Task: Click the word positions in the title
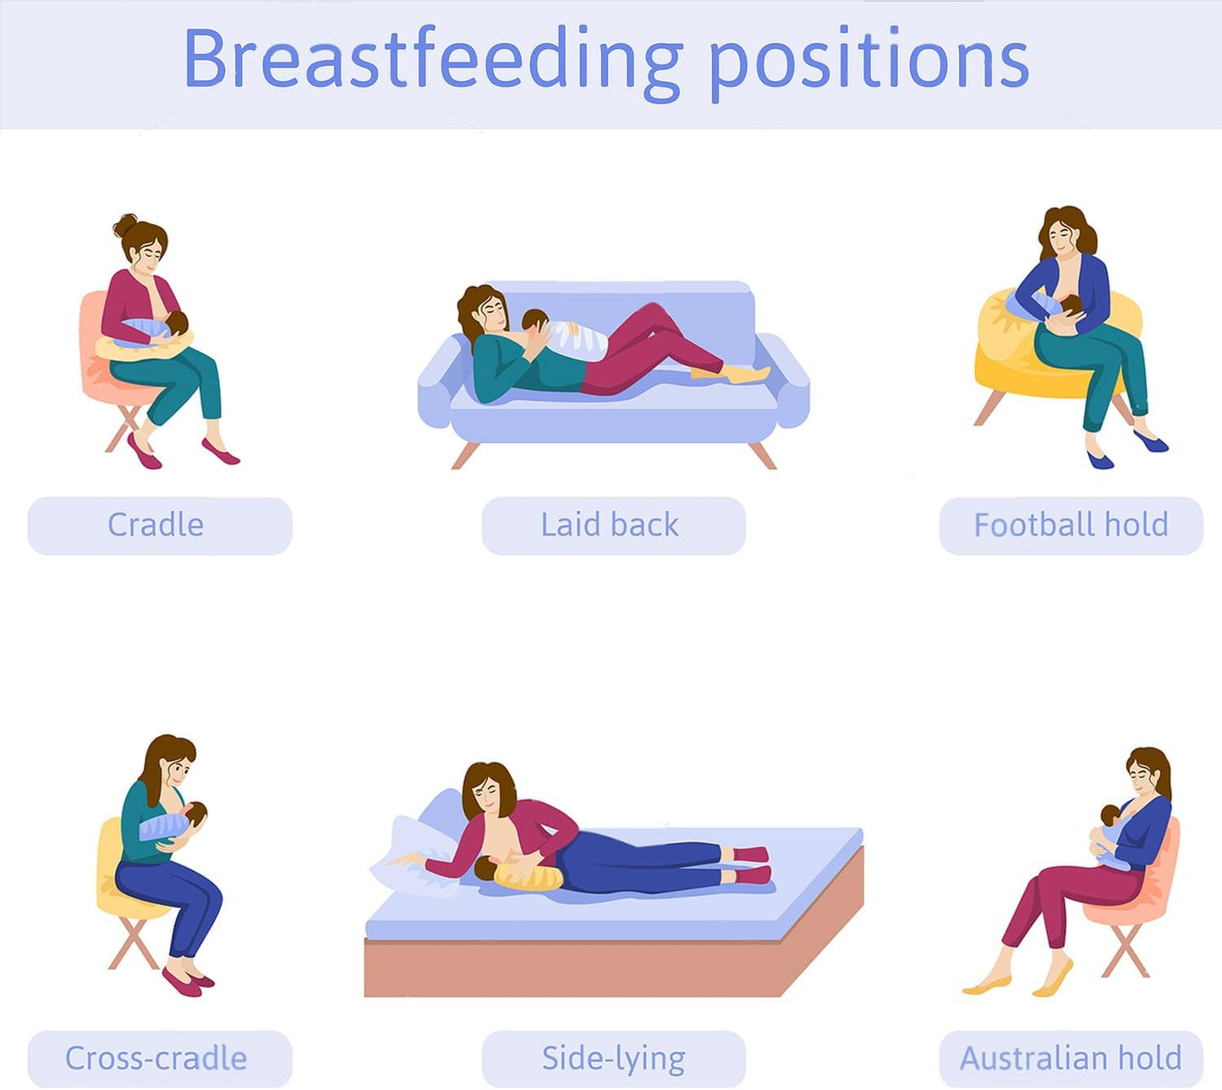point(869,61)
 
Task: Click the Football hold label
point(1070,525)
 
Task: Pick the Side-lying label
point(612,1058)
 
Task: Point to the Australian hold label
point(1070,1058)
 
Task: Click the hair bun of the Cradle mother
point(125,225)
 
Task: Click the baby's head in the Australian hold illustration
point(1110,815)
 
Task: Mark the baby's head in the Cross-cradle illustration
point(195,813)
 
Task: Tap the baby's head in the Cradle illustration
point(177,323)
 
